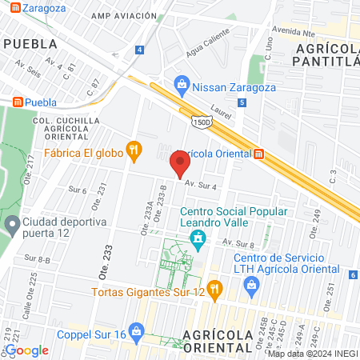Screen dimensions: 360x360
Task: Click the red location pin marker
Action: pyautogui.click(x=179, y=166)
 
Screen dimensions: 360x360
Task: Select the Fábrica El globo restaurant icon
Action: pyautogui.click(x=134, y=149)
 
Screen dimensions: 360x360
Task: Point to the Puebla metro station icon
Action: pyautogui.click(x=16, y=102)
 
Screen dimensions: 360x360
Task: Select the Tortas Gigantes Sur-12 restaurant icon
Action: pyautogui.click(x=213, y=288)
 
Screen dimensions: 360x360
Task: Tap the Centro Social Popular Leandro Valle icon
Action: pyautogui.click(x=197, y=238)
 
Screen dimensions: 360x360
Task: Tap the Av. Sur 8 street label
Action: pyautogui.click(x=238, y=242)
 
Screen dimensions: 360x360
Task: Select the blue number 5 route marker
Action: pyautogui.click(x=242, y=102)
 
